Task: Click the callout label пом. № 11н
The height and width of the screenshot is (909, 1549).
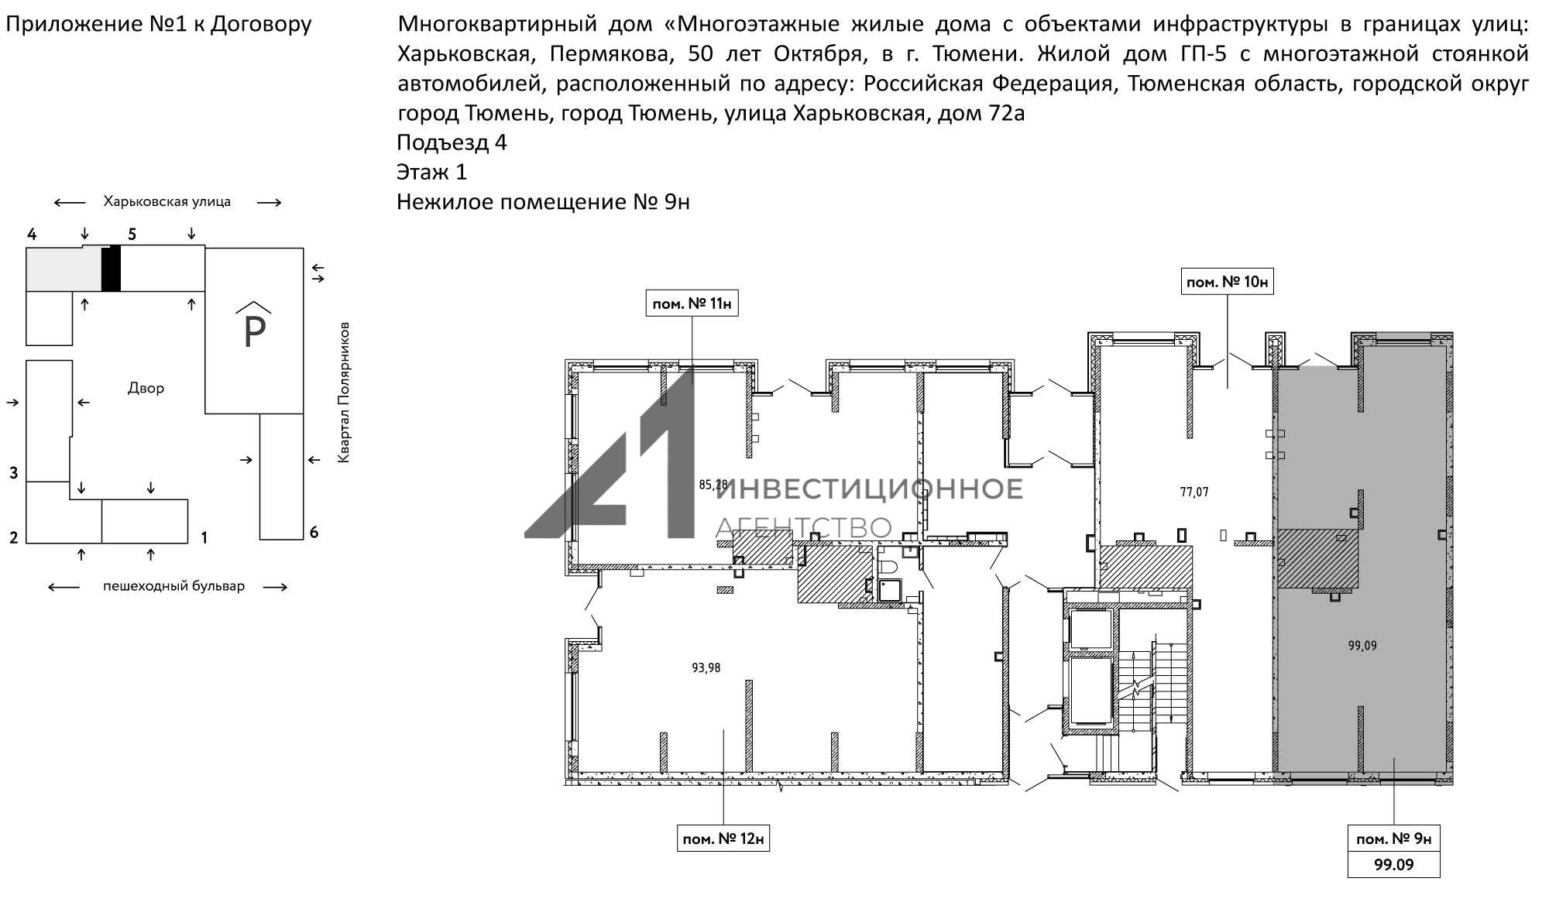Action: point(692,304)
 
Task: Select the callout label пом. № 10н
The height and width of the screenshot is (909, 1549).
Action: point(1227,282)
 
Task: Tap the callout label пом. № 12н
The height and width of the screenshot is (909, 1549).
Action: point(723,839)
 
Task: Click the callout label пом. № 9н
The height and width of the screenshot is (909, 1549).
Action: point(1393,839)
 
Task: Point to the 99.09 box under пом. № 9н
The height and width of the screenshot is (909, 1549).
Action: point(1393,864)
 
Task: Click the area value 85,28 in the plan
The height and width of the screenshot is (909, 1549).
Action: point(713,485)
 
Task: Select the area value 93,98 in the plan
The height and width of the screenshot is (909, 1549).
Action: point(706,667)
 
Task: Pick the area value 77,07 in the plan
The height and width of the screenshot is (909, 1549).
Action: point(1194,492)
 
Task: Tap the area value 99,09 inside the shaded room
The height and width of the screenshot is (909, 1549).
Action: point(1362,646)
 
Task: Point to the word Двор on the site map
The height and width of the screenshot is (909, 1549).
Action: point(146,388)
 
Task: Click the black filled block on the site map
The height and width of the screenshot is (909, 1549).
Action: point(111,268)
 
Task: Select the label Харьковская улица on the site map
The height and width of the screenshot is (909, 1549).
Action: point(167,202)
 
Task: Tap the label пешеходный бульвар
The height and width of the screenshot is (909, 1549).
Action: point(173,586)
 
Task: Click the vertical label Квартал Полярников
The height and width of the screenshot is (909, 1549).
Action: point(344,393)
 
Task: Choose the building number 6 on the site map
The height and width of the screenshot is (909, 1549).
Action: point(314,532)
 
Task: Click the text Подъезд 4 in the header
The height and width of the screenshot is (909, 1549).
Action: point(452,142)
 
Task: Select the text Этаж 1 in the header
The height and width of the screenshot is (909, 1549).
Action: point(431,172)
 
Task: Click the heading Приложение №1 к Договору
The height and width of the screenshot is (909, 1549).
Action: point(159,24)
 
